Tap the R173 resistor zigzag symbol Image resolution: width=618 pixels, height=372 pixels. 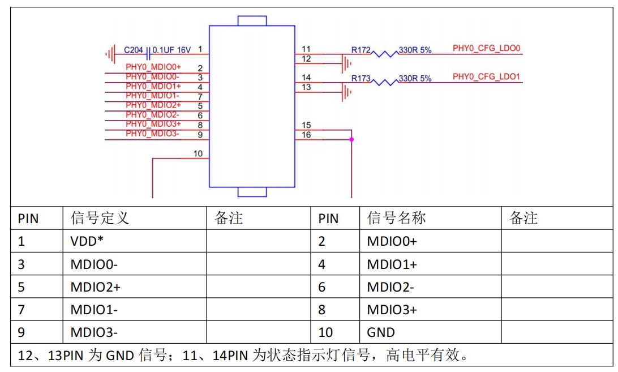[385, 82]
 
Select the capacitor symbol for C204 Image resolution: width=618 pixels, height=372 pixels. [148, 54]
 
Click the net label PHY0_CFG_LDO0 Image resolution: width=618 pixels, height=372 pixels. [486, 48]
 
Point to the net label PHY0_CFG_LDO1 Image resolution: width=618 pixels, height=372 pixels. [486, 76]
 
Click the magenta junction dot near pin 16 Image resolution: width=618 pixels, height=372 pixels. [351, 139]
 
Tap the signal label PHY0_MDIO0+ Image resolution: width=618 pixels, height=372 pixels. [153, 67]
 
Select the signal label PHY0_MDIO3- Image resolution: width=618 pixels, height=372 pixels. [152, 134]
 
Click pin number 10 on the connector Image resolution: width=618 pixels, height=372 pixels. [198, 153]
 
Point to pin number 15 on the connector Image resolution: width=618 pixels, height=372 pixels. [306, 125]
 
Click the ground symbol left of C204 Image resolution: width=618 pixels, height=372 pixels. [111, 54]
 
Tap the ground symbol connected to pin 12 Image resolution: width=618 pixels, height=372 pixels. [346, 63]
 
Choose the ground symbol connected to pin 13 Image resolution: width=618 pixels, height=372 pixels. [346, 92]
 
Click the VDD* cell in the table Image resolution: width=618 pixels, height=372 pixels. [87, 241]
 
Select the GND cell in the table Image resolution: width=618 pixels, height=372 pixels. [381, 332]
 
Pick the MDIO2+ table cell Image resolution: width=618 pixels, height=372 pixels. [95, 287]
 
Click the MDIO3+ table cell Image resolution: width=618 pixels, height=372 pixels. [392, 310]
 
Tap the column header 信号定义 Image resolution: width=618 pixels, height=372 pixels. [100, 218]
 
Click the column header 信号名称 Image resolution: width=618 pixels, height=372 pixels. [397, 218]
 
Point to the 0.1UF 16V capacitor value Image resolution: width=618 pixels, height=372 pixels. [171, 50]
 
